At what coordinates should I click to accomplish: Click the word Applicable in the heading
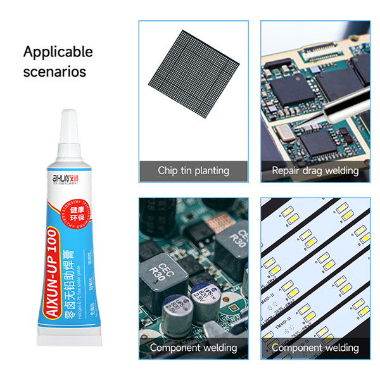tap(58, 52)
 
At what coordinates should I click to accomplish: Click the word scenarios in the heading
tap(54, 72)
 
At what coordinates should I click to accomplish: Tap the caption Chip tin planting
tap(193, 170)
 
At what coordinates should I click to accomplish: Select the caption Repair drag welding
tap(315, 170)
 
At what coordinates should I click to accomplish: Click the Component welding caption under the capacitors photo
tap(193, 348)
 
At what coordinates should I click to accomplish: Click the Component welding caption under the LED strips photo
tap(315, 348)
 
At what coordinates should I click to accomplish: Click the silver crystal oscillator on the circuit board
tap(284, 131)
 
